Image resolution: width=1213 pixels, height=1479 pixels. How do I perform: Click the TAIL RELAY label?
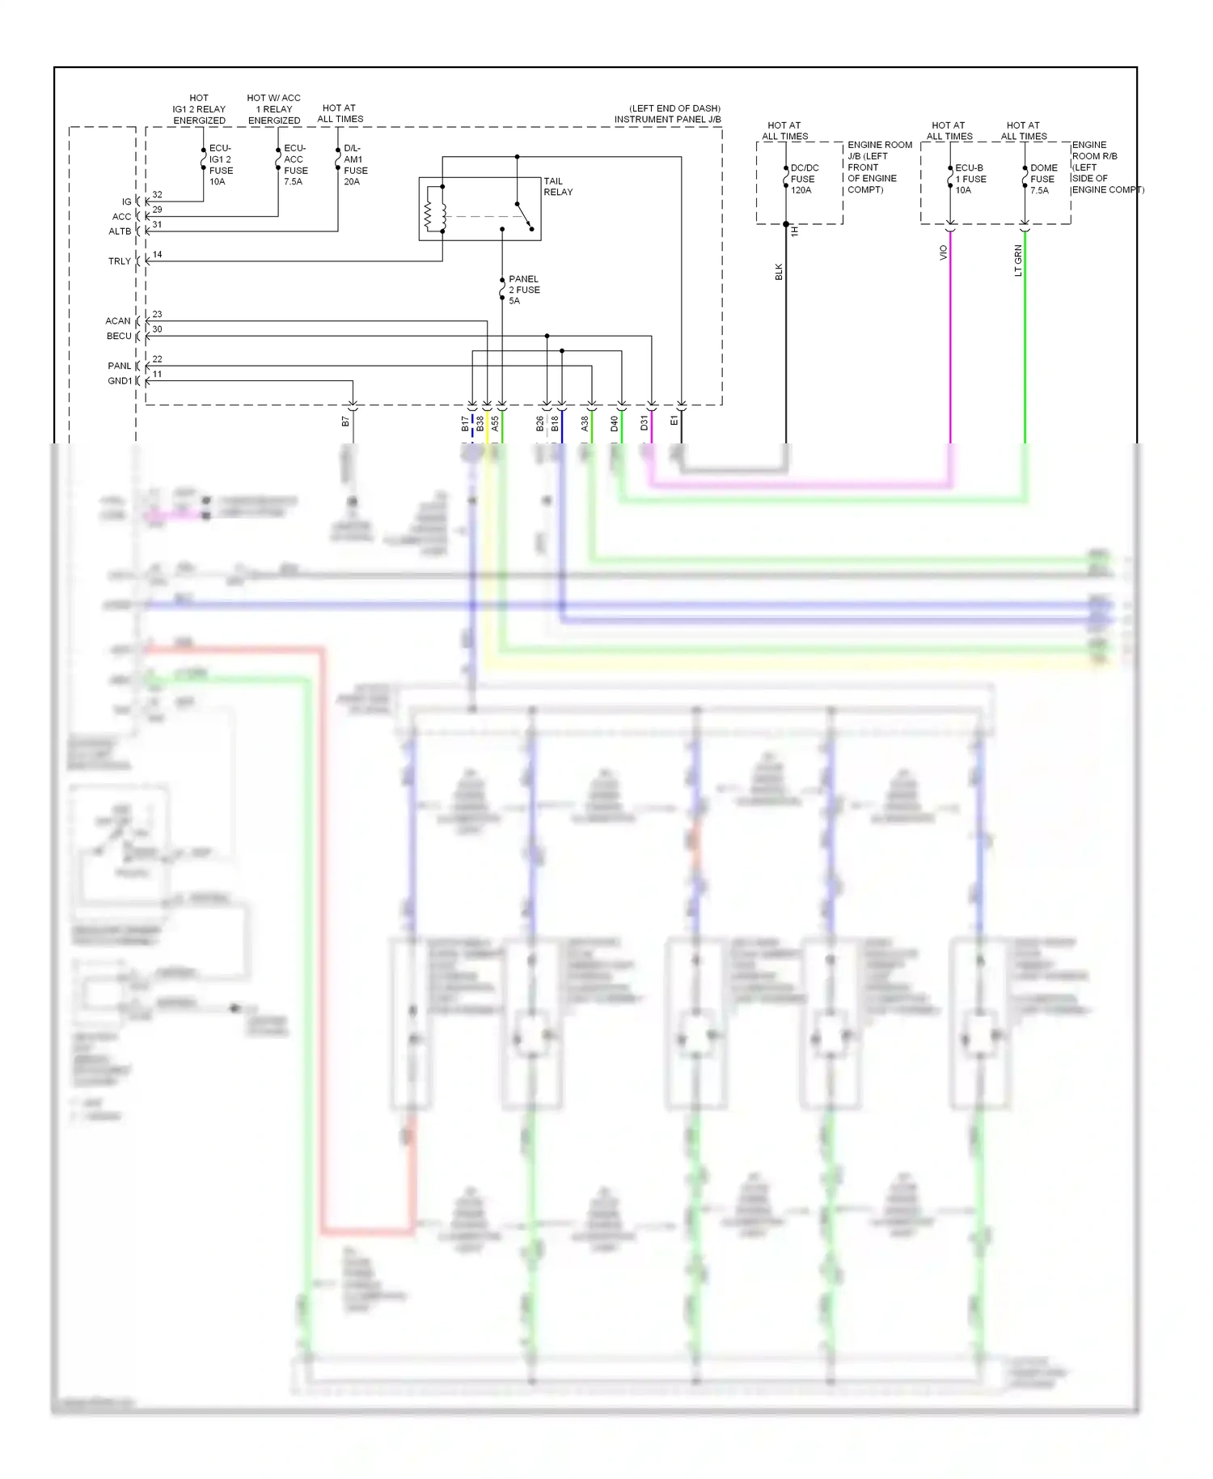(557, 187)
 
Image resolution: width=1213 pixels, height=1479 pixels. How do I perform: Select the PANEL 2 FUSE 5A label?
(523, 290)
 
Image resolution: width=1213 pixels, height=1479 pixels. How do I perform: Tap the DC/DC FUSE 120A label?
(804, 179)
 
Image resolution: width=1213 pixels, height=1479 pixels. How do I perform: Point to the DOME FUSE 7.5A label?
(1042, 179)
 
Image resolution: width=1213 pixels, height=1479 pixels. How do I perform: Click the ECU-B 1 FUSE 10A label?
(970, 179)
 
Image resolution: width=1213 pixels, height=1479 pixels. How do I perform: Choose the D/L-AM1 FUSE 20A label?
(355, 165)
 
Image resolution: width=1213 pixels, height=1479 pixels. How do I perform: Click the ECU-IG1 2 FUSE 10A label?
(220, 165)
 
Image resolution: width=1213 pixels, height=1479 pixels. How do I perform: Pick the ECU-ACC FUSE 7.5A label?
(295, 165)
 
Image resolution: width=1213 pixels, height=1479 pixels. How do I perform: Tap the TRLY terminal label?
(119, 261)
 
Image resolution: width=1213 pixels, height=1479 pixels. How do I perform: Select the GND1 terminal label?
(119, 381)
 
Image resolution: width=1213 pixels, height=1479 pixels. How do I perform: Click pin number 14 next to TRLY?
(157, 255)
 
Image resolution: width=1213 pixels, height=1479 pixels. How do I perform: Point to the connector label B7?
(346, 422)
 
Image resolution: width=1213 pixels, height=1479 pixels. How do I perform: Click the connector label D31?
(645, 423)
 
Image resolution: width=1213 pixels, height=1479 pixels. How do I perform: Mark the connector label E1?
(674, 421)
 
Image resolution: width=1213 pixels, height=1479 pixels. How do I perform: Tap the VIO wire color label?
(943, 252)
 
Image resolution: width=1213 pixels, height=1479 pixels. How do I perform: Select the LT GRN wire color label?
(1018, 261)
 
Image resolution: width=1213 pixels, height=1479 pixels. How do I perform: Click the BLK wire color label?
(779, 272)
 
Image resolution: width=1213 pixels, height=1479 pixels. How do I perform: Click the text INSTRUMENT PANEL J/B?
(667, 120)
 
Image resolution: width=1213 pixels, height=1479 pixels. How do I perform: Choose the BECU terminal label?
(119, 336)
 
